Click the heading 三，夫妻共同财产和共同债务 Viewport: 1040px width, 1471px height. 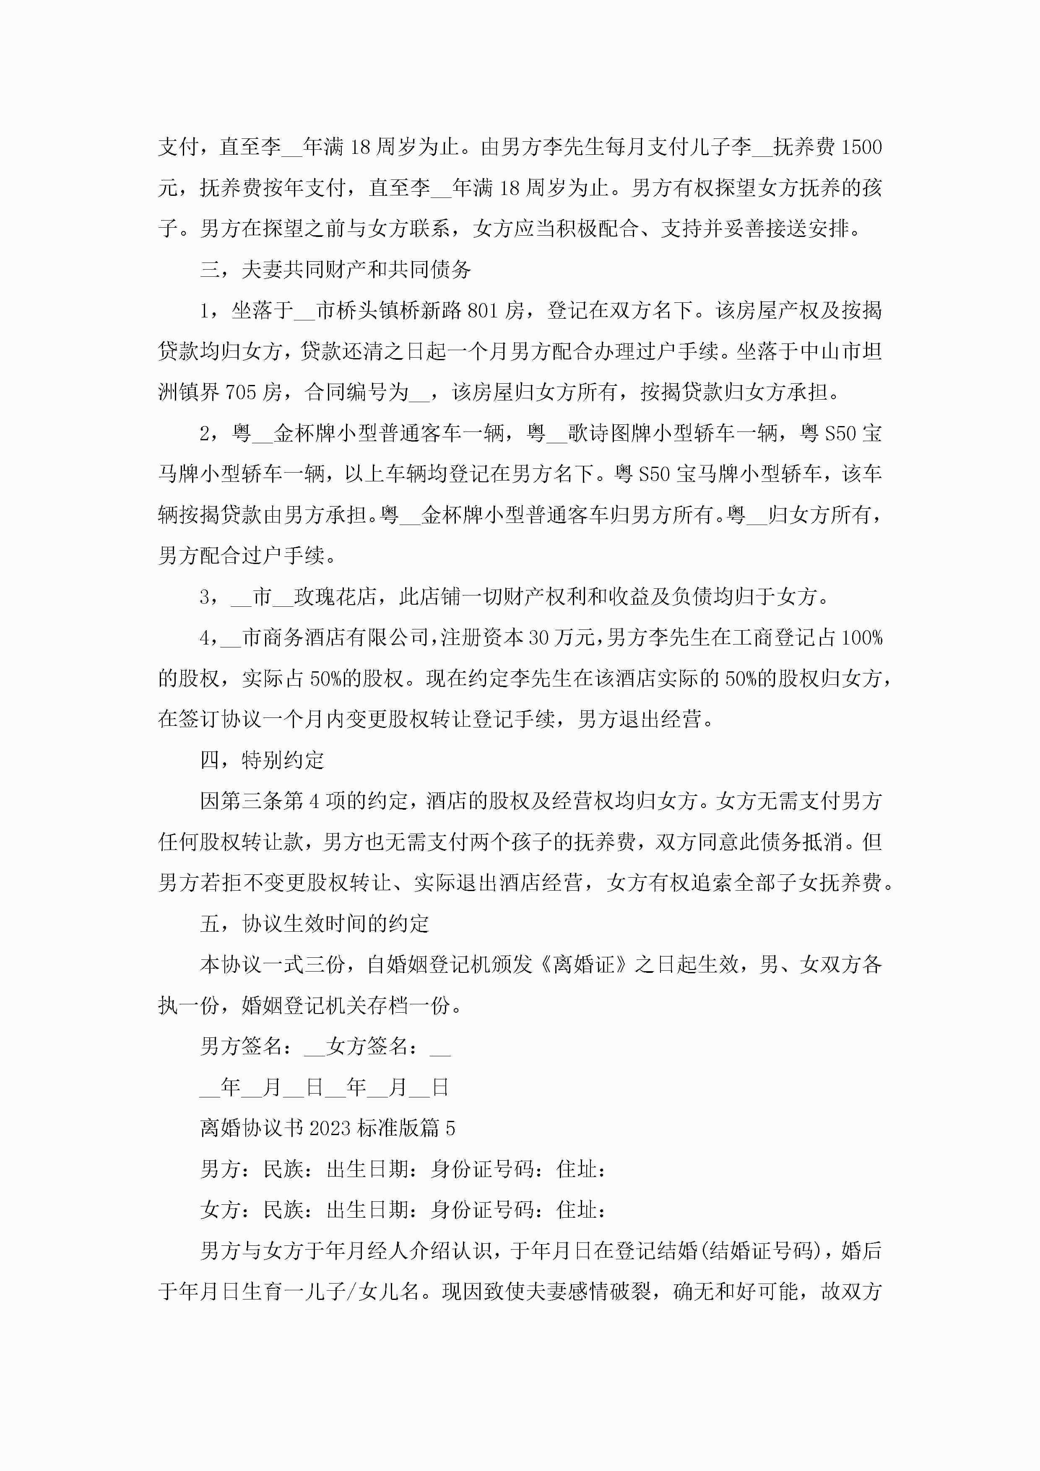(x=336, y=270)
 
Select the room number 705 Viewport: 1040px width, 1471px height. (x=241, y=392)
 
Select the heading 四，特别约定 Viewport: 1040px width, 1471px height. (x=262, y=761)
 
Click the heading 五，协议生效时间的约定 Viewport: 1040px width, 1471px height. (x=314, y=924)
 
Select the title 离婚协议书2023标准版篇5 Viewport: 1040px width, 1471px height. (x=328, y=1128)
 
